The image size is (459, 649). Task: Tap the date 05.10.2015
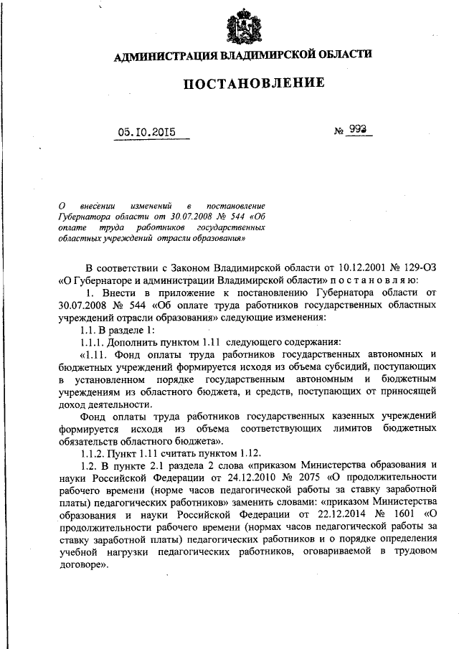tap(147, 132)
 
